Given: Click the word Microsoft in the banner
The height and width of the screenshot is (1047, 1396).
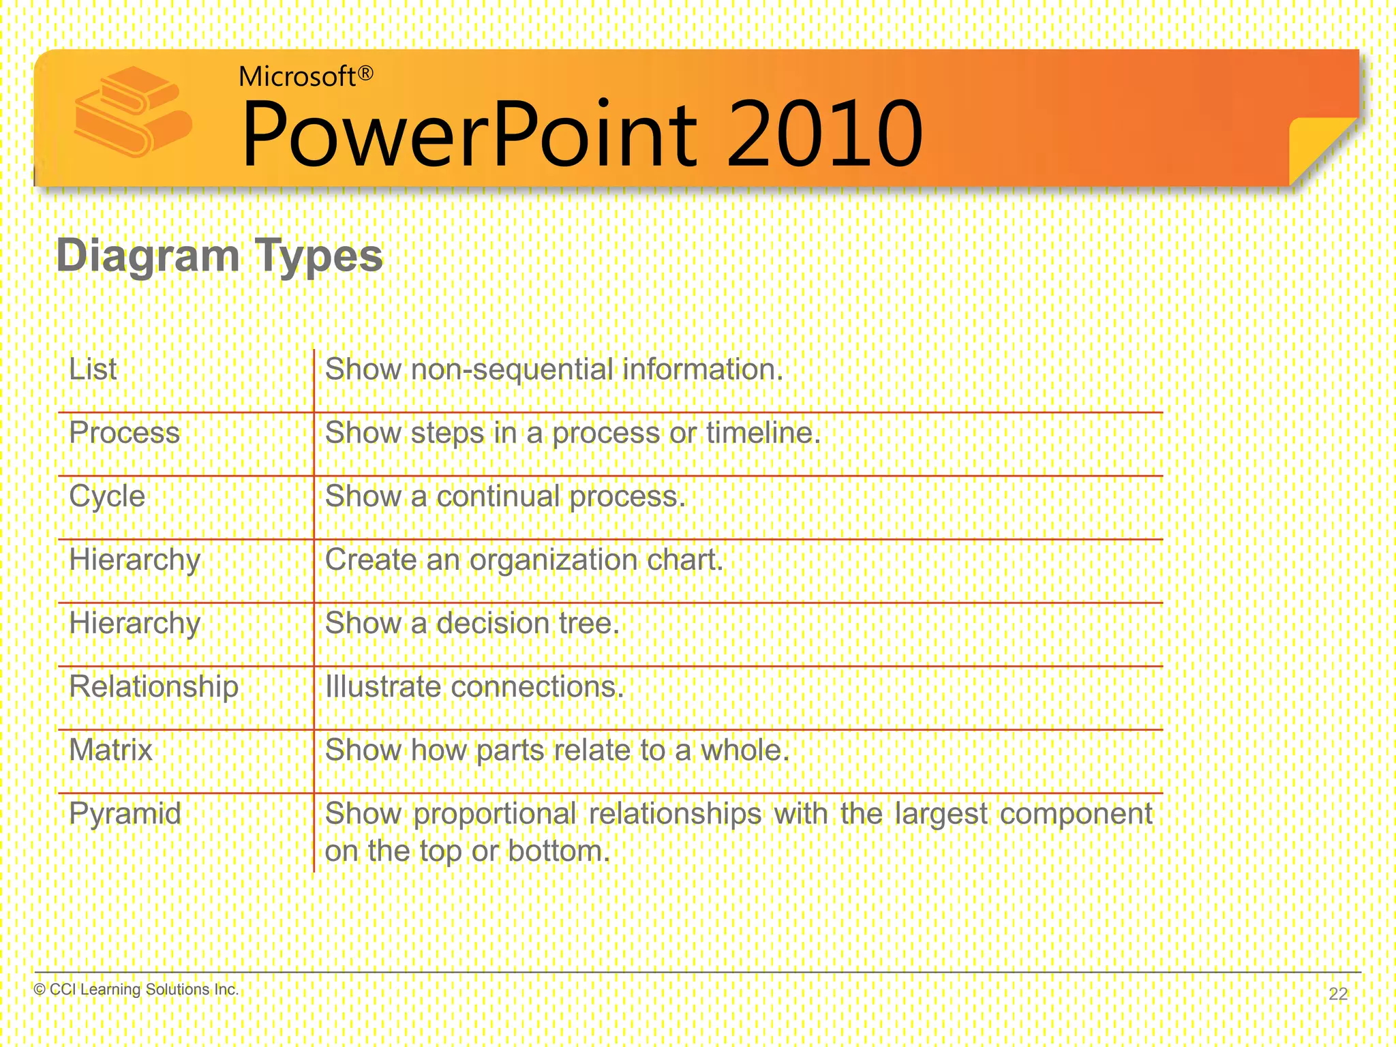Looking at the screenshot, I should [x=297, y=76].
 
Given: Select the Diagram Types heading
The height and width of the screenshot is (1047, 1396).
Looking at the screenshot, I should [x=219, y=256].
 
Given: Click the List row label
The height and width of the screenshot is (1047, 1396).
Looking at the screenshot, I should [x=93, y=369].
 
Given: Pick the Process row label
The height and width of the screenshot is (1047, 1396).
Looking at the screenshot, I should [x=125, y=433].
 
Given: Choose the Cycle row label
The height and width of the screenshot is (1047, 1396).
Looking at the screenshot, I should [x=107, y=496].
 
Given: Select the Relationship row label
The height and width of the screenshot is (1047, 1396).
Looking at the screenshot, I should [x=154, y=686].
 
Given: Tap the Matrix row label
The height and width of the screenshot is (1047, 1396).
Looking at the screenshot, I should [x=111, y=750].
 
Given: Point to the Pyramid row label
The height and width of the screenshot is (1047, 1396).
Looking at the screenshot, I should [x=125, y=813].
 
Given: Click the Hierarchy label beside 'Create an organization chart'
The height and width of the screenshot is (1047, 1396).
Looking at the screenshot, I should [x=135, y=560].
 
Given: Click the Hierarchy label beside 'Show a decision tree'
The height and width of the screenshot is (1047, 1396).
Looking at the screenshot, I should [x=135, y=623].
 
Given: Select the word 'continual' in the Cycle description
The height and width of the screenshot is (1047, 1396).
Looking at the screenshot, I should [x=498, y=496].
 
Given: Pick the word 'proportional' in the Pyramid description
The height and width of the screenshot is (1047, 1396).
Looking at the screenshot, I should [x=494, y=814].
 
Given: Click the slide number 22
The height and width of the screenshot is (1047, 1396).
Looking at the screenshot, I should [x=1338, y=994].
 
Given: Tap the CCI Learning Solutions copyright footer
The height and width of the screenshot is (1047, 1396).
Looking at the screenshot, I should [x=136, y=989].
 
